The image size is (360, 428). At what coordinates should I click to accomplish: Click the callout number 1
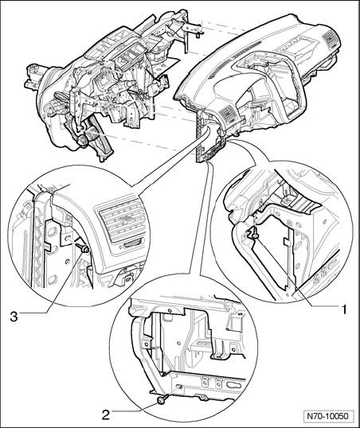coord(343,309)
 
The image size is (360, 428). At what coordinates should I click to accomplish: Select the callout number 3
coord(14,317)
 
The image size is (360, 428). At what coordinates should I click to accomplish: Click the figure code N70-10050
coord(328,416)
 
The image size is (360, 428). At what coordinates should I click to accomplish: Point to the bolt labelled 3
coord(83,247)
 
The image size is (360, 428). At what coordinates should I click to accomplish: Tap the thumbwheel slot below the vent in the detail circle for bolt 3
coord(133,244)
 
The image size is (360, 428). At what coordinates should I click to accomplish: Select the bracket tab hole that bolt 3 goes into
coord(68,239)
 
